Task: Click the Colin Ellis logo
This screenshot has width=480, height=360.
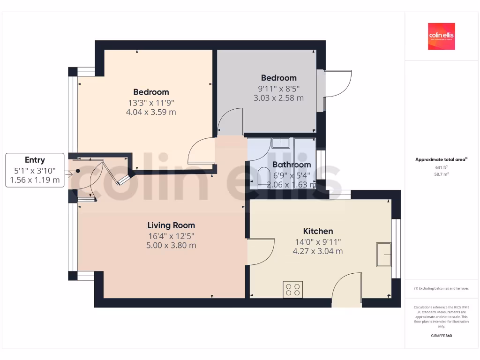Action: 441,37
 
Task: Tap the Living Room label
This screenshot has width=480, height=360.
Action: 171,225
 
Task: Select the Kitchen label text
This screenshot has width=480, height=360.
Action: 318,231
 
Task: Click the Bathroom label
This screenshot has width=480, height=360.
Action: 292,165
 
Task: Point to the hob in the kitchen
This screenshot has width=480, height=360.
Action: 293,290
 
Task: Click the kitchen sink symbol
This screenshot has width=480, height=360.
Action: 383,255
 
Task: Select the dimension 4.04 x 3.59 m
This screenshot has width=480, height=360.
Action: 151,112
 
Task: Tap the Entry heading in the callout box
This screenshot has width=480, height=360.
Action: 35,160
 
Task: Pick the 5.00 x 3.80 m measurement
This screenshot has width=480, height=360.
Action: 171,245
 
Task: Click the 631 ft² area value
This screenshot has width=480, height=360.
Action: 441,167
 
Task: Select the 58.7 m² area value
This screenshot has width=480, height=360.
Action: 441,174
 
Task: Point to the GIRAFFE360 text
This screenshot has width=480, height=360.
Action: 441,336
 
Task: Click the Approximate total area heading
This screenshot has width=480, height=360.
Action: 441,160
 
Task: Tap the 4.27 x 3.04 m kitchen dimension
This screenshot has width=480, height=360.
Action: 318,251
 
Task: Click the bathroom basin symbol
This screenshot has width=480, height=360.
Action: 280,142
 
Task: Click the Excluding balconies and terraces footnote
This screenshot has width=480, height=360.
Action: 441,288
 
